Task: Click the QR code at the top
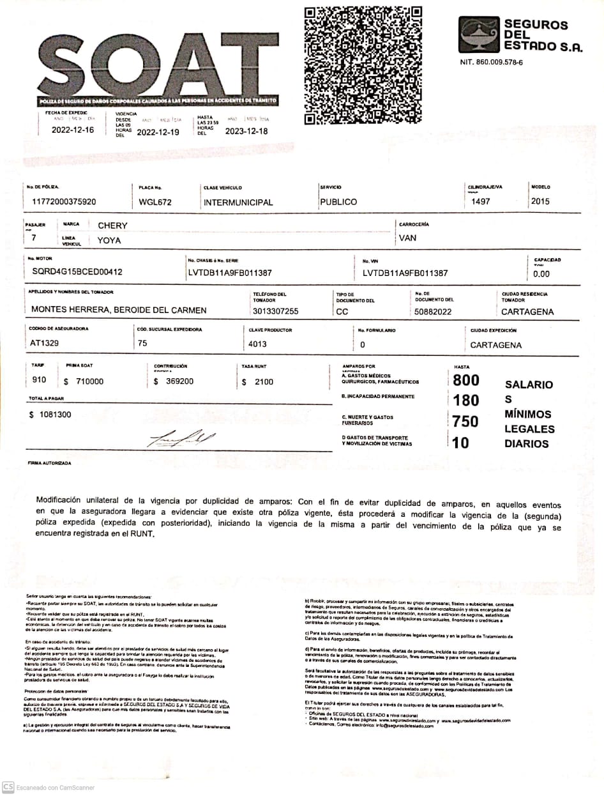tap(363, 65)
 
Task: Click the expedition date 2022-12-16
tap(73, 130)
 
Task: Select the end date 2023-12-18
tap(246, 132)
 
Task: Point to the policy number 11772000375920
tap(64, 202)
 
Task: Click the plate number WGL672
tap(155, 202)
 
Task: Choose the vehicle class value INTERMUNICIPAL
tap(238, 203)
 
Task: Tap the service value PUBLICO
tap(338, 202)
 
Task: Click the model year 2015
tap(540, 201)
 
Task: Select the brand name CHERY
tap(112, 226)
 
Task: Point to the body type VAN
tap(407, 238)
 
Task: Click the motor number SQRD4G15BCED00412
tap(77, 272)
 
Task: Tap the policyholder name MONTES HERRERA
tap(119, 310)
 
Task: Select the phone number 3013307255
tap(276, 311)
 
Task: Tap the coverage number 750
tap(465, 422)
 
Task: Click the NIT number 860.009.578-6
tap(491, 63)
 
